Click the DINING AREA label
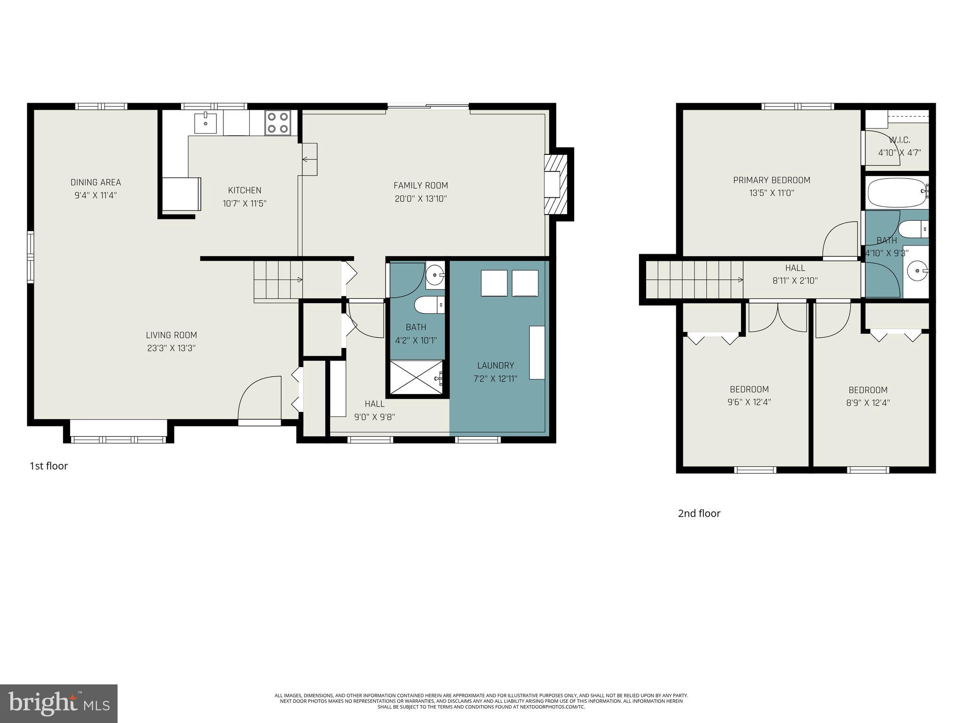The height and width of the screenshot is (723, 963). click(x=95, y=182)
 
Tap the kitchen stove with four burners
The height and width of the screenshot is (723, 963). click(x=277, y=122)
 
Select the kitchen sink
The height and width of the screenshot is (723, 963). click(x=205, y=123)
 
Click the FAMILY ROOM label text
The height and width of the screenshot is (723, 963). click(x=420, y=185)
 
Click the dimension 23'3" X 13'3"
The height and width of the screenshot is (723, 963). click(x=171, y=348)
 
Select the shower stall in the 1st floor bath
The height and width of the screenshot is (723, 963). click(x=416, y=377)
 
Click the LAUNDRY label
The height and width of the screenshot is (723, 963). click(x=495, y=365)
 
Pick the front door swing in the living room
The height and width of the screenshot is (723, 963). click(x=259, y=398)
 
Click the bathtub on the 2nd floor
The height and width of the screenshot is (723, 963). click(x=896, y=193)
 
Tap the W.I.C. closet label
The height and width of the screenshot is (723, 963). click(x=899, y=140)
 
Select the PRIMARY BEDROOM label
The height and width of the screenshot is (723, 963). click(x=772, y=180)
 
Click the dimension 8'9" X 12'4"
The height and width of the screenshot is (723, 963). click(x=868, y=403)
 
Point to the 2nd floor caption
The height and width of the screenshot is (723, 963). click(x=699, y=514)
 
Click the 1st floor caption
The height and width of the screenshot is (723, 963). click(x=49, y=466)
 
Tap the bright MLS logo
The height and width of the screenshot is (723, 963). click(x=59, y=703)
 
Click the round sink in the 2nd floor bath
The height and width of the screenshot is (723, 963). click(x=916, y=271)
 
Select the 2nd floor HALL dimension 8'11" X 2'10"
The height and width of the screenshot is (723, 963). click(x=795, y=281)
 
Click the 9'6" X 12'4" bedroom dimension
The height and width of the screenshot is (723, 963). click(x=749, y=402)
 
